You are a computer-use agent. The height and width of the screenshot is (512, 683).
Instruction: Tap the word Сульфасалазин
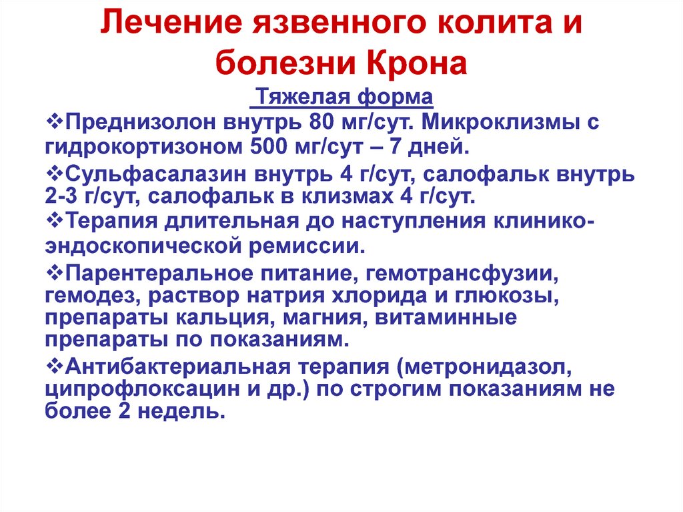click(156, 174)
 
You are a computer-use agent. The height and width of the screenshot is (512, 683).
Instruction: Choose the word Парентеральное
click(159, 274)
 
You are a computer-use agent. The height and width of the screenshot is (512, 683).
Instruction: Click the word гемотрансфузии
click(462, 274)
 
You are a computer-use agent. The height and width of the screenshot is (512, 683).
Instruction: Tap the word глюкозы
click(508, 296)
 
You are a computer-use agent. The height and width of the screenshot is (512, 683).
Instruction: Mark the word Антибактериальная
click(177, 366)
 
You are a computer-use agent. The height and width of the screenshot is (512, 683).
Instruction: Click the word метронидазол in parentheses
click(484, 368)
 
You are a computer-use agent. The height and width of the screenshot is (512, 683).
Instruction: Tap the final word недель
click(181, 412)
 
